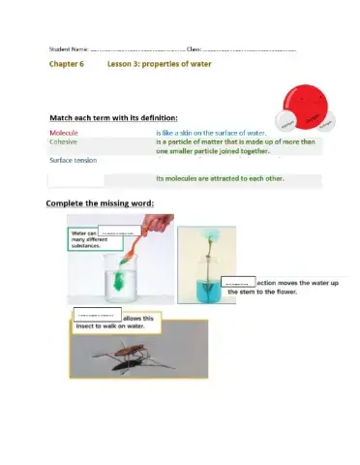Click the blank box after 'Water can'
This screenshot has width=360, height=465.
tap(116, 233)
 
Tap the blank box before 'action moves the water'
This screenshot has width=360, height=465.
tap(238, 282)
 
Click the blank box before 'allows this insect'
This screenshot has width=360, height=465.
tap(97, 316)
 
